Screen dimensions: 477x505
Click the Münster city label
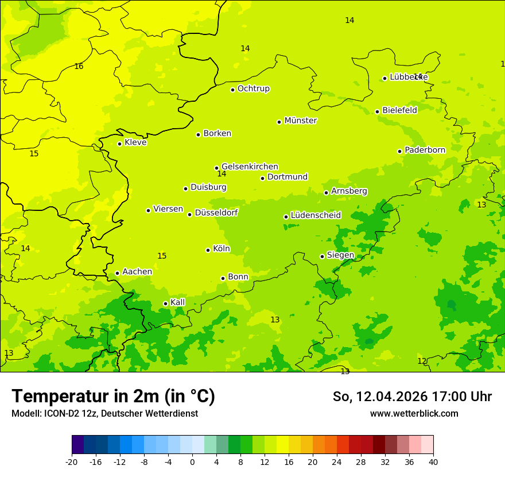(x=300, y=121)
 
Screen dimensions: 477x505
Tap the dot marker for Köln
(x=208, y=250)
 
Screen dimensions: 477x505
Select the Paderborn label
(x=425, y=150)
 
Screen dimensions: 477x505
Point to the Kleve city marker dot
(x=119, y=144)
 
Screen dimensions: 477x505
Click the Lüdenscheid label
(x=316, y=216)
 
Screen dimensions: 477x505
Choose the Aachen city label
(x=137, y=272)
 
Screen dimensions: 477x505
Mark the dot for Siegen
(x=322, y=256)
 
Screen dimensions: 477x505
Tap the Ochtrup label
(x=253, y=89)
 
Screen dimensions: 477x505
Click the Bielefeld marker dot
(x=377, y=111)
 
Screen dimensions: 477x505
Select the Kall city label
(x=177, y=302)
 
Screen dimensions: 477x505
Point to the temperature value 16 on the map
(x=79, y=67)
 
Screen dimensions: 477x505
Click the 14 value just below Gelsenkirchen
(x=222, y=174)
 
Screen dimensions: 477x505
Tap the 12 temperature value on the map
(x=422, y=361)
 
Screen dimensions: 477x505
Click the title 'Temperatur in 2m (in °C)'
(x=113, y=397)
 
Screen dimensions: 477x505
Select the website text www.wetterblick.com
(x=414, y=414)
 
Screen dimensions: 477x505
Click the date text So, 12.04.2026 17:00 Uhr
(x=412, y=397)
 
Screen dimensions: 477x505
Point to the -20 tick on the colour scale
(x=72, y=462)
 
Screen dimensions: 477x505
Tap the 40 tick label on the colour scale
(x=433, y=462)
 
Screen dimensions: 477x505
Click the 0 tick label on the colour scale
(x=192, y=462)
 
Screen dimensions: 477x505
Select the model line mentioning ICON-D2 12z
(x=104, y=414)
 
